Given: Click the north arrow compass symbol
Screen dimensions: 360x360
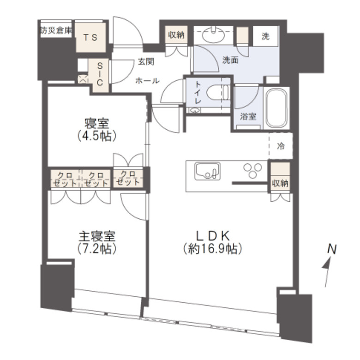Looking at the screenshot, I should [329, 265].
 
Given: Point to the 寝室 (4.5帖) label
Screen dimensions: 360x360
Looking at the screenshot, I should [96, 129].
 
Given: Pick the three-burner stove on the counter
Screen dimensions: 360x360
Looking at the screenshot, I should [252, 172].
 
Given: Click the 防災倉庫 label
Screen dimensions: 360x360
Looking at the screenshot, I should [56, 31].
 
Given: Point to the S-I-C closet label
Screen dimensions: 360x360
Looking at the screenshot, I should [99, 74].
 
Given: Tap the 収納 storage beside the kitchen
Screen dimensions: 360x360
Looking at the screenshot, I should [280, 182].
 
